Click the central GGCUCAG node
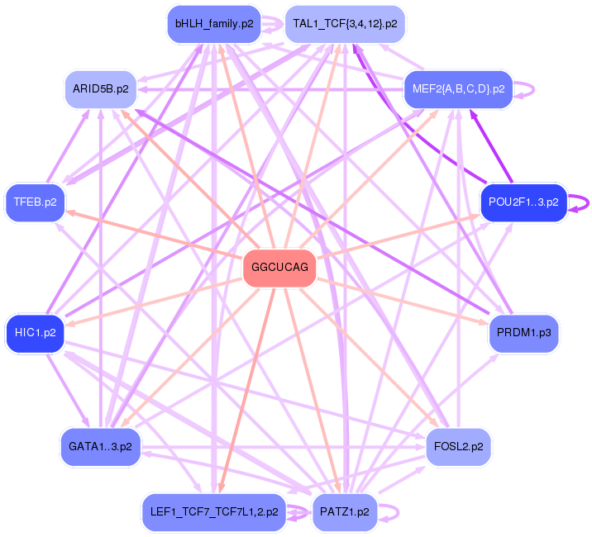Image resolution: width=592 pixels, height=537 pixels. (x=279, y=268)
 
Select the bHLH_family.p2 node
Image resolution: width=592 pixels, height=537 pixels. (x=213, y=23)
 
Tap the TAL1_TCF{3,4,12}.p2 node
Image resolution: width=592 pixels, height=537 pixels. (x=345, y=23)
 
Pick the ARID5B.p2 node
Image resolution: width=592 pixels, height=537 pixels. (x=100, y=88)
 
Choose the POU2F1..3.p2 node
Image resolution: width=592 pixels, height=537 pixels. (x=523, y=202)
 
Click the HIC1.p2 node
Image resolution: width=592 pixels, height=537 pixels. (x=35, y=333)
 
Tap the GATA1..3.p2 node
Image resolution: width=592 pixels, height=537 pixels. (x=100, y=446)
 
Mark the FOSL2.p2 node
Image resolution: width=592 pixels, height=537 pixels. (x=459, y=446)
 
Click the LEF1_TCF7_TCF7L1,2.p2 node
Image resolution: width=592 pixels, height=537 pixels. (x=214, y=512)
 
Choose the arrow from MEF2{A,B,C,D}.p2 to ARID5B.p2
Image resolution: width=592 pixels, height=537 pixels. (x=273, y=88)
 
